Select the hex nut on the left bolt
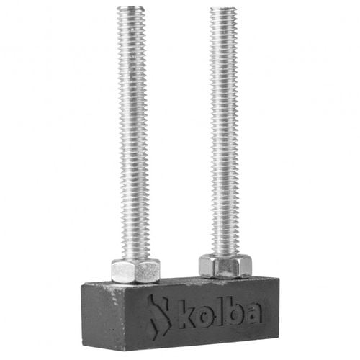coord(135,271)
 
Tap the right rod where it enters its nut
coord(225,254)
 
